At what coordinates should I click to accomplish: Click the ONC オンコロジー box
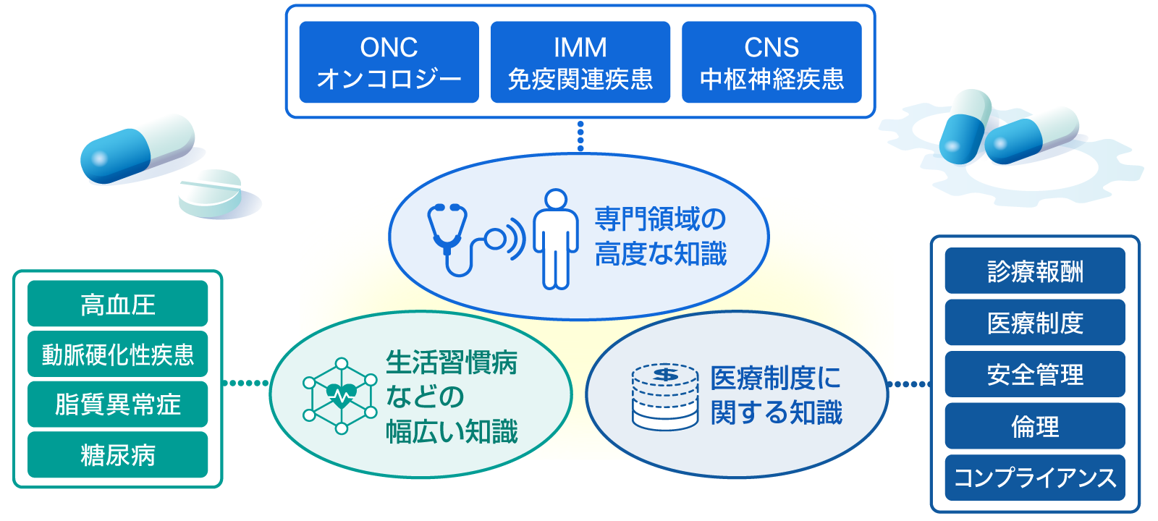point(389,62)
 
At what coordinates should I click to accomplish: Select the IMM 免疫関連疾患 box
point(580,62)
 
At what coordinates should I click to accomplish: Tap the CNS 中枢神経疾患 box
point(772,62)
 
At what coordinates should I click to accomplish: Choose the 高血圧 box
point(118,303)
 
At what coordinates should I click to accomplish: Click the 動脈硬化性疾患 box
point(118,354)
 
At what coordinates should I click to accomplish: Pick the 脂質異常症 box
point(118,404)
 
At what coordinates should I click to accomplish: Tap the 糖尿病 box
point(118,455)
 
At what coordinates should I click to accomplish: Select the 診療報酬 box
point(1035,271)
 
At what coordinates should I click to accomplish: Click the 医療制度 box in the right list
point(1035,322)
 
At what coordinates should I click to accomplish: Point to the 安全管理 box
point(1035,373)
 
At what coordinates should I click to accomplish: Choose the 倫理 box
point(1035,425)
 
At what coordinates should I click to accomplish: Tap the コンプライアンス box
point(1035,478)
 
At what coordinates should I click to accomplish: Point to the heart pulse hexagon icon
point(341,395)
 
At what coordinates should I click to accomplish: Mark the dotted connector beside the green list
point(245,383)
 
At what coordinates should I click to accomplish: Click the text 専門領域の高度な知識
point(661,236)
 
